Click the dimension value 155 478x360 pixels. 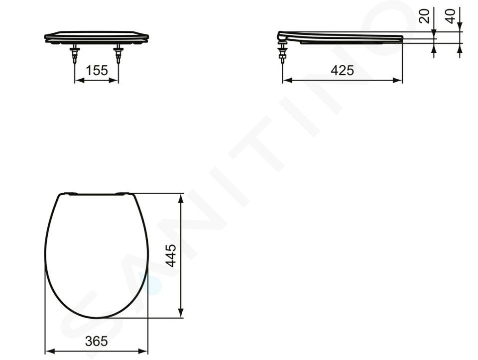coord(97,70)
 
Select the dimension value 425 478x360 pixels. coord(343,70)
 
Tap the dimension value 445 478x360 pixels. coord(171,255)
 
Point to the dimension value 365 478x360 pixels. coord(96,341)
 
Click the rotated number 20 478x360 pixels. coord(424,16)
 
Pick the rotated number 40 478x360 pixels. coord(450,16)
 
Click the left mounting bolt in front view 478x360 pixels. coord(75,54)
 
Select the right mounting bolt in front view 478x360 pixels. coord(119,54)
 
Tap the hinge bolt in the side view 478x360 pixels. coord(283,51)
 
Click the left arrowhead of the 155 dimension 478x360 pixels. coord(79,80)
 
